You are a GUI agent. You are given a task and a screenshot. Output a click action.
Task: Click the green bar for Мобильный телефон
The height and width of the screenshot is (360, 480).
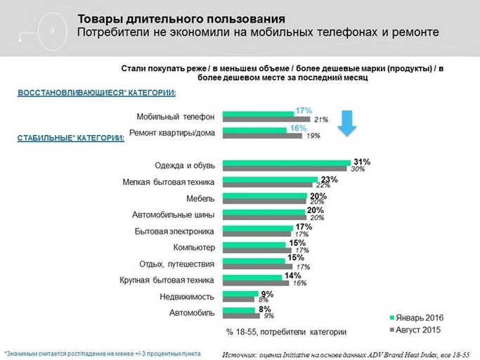click(257, 113)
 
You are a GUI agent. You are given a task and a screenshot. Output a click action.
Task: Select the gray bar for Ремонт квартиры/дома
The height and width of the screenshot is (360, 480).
click(261, 136)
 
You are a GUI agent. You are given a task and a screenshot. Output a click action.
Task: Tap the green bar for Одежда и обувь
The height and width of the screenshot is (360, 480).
click(287, 163)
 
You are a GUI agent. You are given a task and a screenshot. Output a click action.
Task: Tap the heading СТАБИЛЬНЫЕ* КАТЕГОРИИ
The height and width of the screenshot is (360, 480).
click(70, 139)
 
